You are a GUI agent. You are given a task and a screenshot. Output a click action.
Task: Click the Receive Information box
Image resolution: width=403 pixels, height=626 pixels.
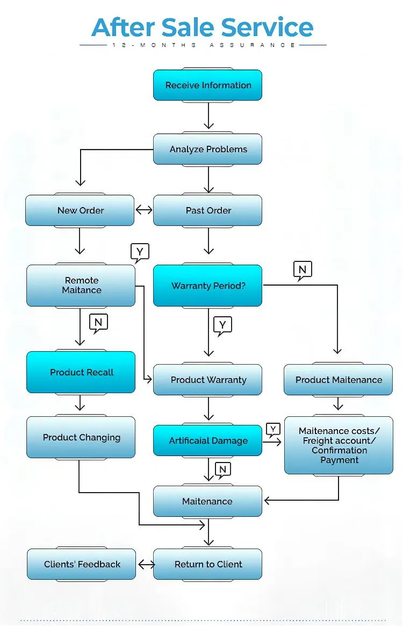click(x=207, y=85)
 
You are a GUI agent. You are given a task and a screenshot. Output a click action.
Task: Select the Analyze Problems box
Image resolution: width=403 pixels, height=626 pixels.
click(x=207, y=149)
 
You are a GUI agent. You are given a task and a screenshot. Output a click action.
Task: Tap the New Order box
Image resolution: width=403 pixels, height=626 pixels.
click(x=80, y=210)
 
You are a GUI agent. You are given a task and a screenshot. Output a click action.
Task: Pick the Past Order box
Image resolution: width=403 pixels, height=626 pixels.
click(x=207, y=210)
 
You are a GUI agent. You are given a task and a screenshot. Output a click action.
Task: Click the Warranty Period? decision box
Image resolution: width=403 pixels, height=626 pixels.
click(x=207, y=286)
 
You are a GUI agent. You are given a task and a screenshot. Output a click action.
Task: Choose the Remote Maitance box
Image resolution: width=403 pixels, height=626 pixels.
click(x=81, y=285)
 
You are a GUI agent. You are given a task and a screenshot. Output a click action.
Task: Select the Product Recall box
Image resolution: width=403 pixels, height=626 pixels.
click(x=81, y=372)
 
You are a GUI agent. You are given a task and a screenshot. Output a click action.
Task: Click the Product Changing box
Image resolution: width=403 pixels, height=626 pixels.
click(x=81, y=437)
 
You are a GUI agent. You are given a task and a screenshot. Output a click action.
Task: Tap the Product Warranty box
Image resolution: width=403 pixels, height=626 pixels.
click(x=207, y=380)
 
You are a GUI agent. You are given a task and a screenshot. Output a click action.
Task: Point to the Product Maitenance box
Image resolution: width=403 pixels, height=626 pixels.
click(x=339, y=380)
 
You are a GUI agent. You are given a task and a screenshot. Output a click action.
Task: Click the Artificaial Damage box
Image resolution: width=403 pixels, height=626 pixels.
click(x=207, y=440)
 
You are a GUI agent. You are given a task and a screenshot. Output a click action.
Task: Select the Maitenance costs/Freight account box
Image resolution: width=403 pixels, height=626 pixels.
click(x=339, y=445)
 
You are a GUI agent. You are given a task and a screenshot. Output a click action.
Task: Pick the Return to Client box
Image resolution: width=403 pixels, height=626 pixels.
click(x=207, y=564)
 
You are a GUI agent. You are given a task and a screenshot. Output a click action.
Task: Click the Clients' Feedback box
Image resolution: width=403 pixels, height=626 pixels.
click(x=82, y=564)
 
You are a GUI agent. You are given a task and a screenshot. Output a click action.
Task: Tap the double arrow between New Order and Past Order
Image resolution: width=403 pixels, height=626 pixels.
click(x=144, y=210)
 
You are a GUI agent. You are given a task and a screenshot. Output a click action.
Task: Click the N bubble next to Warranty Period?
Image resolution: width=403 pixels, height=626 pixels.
click(x=303, y=269)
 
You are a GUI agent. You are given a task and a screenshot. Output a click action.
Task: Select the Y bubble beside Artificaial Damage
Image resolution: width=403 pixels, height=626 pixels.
click(x=273, y=429)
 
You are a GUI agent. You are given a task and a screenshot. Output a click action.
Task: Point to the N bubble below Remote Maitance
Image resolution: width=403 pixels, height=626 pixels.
click(x=98, y=323)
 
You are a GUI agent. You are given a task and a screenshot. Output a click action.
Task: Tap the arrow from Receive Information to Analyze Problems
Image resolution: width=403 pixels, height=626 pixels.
click(x=208, y=115)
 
